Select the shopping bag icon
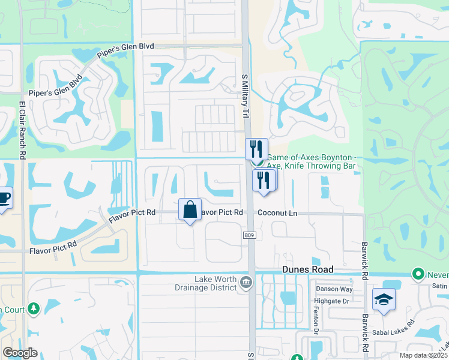[190, 210]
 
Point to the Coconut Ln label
[277, 213]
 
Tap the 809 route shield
[250, 235]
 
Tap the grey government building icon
[246, 282]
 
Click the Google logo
[20, 352]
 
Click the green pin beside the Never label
[418, 274]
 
